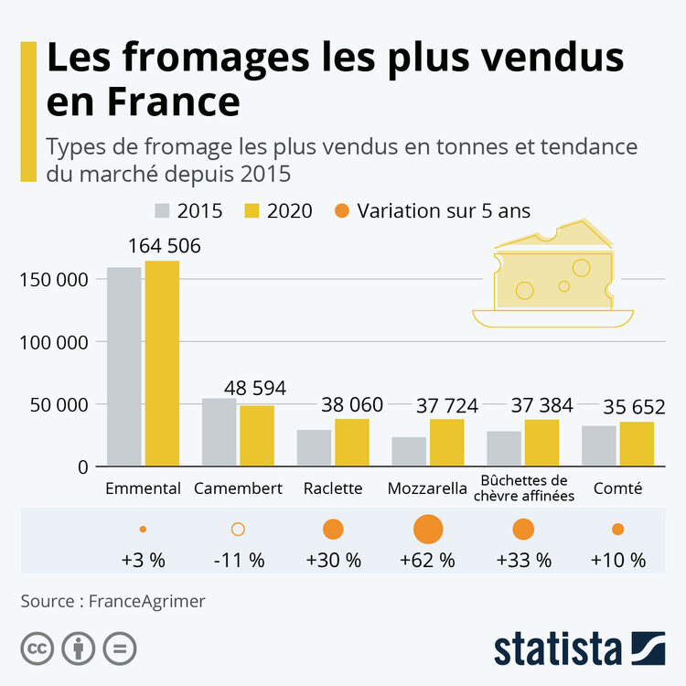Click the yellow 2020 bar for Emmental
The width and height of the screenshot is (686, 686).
tap(162, 363)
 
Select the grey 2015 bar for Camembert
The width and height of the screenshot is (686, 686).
tap(219, 432)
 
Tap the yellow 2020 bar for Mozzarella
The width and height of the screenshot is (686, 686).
tap(446, 443)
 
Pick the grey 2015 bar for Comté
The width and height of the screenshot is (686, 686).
tap(598, 445)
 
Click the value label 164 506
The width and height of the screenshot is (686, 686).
tap(165, 246)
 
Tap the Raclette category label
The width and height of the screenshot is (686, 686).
tap(333, 488)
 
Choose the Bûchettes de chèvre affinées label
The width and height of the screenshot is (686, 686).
tap(523, 488)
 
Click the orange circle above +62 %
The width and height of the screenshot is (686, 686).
tap(428, 530)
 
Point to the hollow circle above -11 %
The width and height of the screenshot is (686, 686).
tap(238, 529)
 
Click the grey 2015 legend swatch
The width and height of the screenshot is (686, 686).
tap(162, 211)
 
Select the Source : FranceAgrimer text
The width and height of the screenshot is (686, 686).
tap(113, 601)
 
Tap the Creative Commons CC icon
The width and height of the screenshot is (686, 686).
tap(38, 648)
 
